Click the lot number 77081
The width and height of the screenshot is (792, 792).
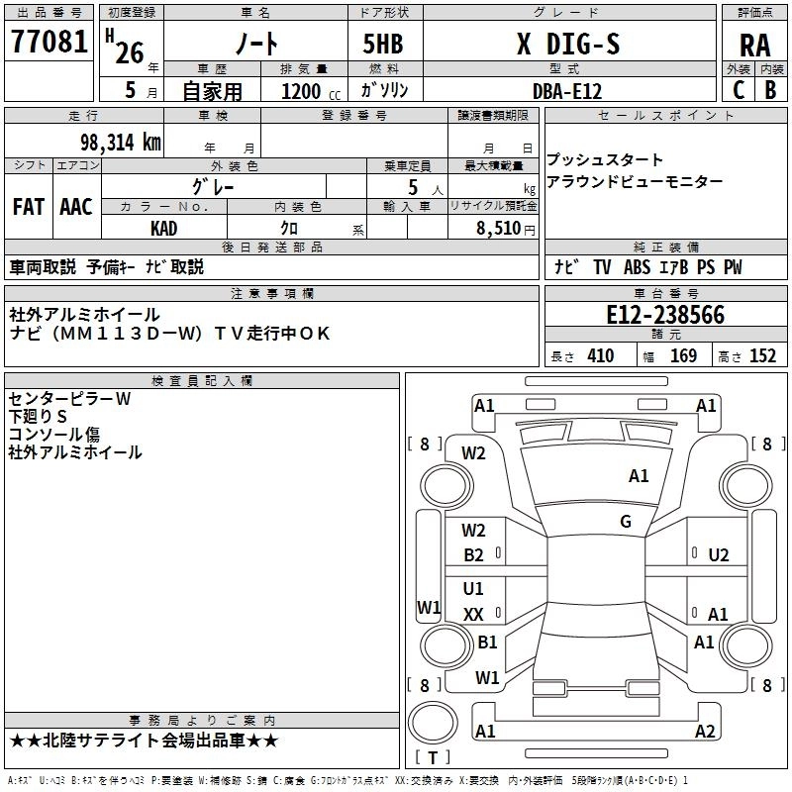49,43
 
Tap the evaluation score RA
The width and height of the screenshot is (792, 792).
754,46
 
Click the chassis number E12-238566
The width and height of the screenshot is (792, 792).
665,315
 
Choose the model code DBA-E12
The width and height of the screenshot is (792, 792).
567,90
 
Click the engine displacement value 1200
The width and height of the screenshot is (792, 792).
301,91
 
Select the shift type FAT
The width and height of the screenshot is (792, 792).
29,206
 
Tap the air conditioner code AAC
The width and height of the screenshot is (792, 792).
76,206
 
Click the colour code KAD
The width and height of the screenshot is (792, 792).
164,228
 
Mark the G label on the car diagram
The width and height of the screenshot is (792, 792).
626,522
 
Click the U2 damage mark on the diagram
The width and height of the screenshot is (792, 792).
718,555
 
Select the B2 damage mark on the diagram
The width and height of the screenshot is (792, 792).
474,555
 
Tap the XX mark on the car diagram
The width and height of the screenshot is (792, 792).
474,615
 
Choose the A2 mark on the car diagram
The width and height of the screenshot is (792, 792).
706,731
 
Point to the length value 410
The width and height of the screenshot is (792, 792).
600,356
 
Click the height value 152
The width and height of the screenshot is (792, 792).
762,356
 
